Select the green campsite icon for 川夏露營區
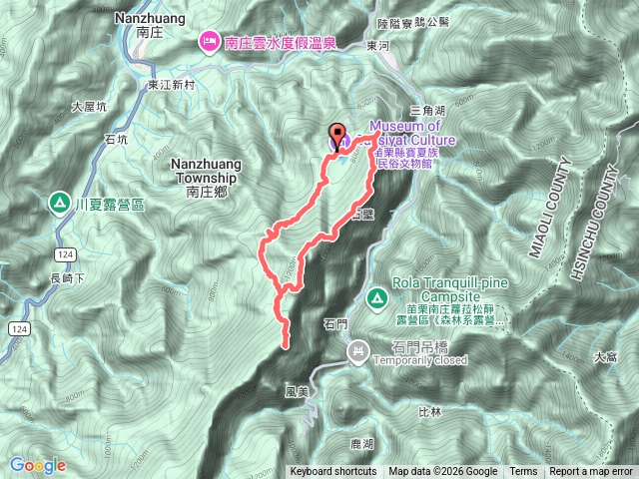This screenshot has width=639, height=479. pos(60,203)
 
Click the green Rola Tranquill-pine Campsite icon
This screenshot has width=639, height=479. pos(377,297)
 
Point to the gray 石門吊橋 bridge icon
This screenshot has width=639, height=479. pos(358,349)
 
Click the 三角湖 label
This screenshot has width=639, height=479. pos(426,111)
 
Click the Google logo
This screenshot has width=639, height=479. pos(37,465)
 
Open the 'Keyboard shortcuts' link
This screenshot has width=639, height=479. pos(333,472)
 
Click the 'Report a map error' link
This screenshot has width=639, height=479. pos(592,472)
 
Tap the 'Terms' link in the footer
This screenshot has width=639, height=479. pos(523,472)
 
